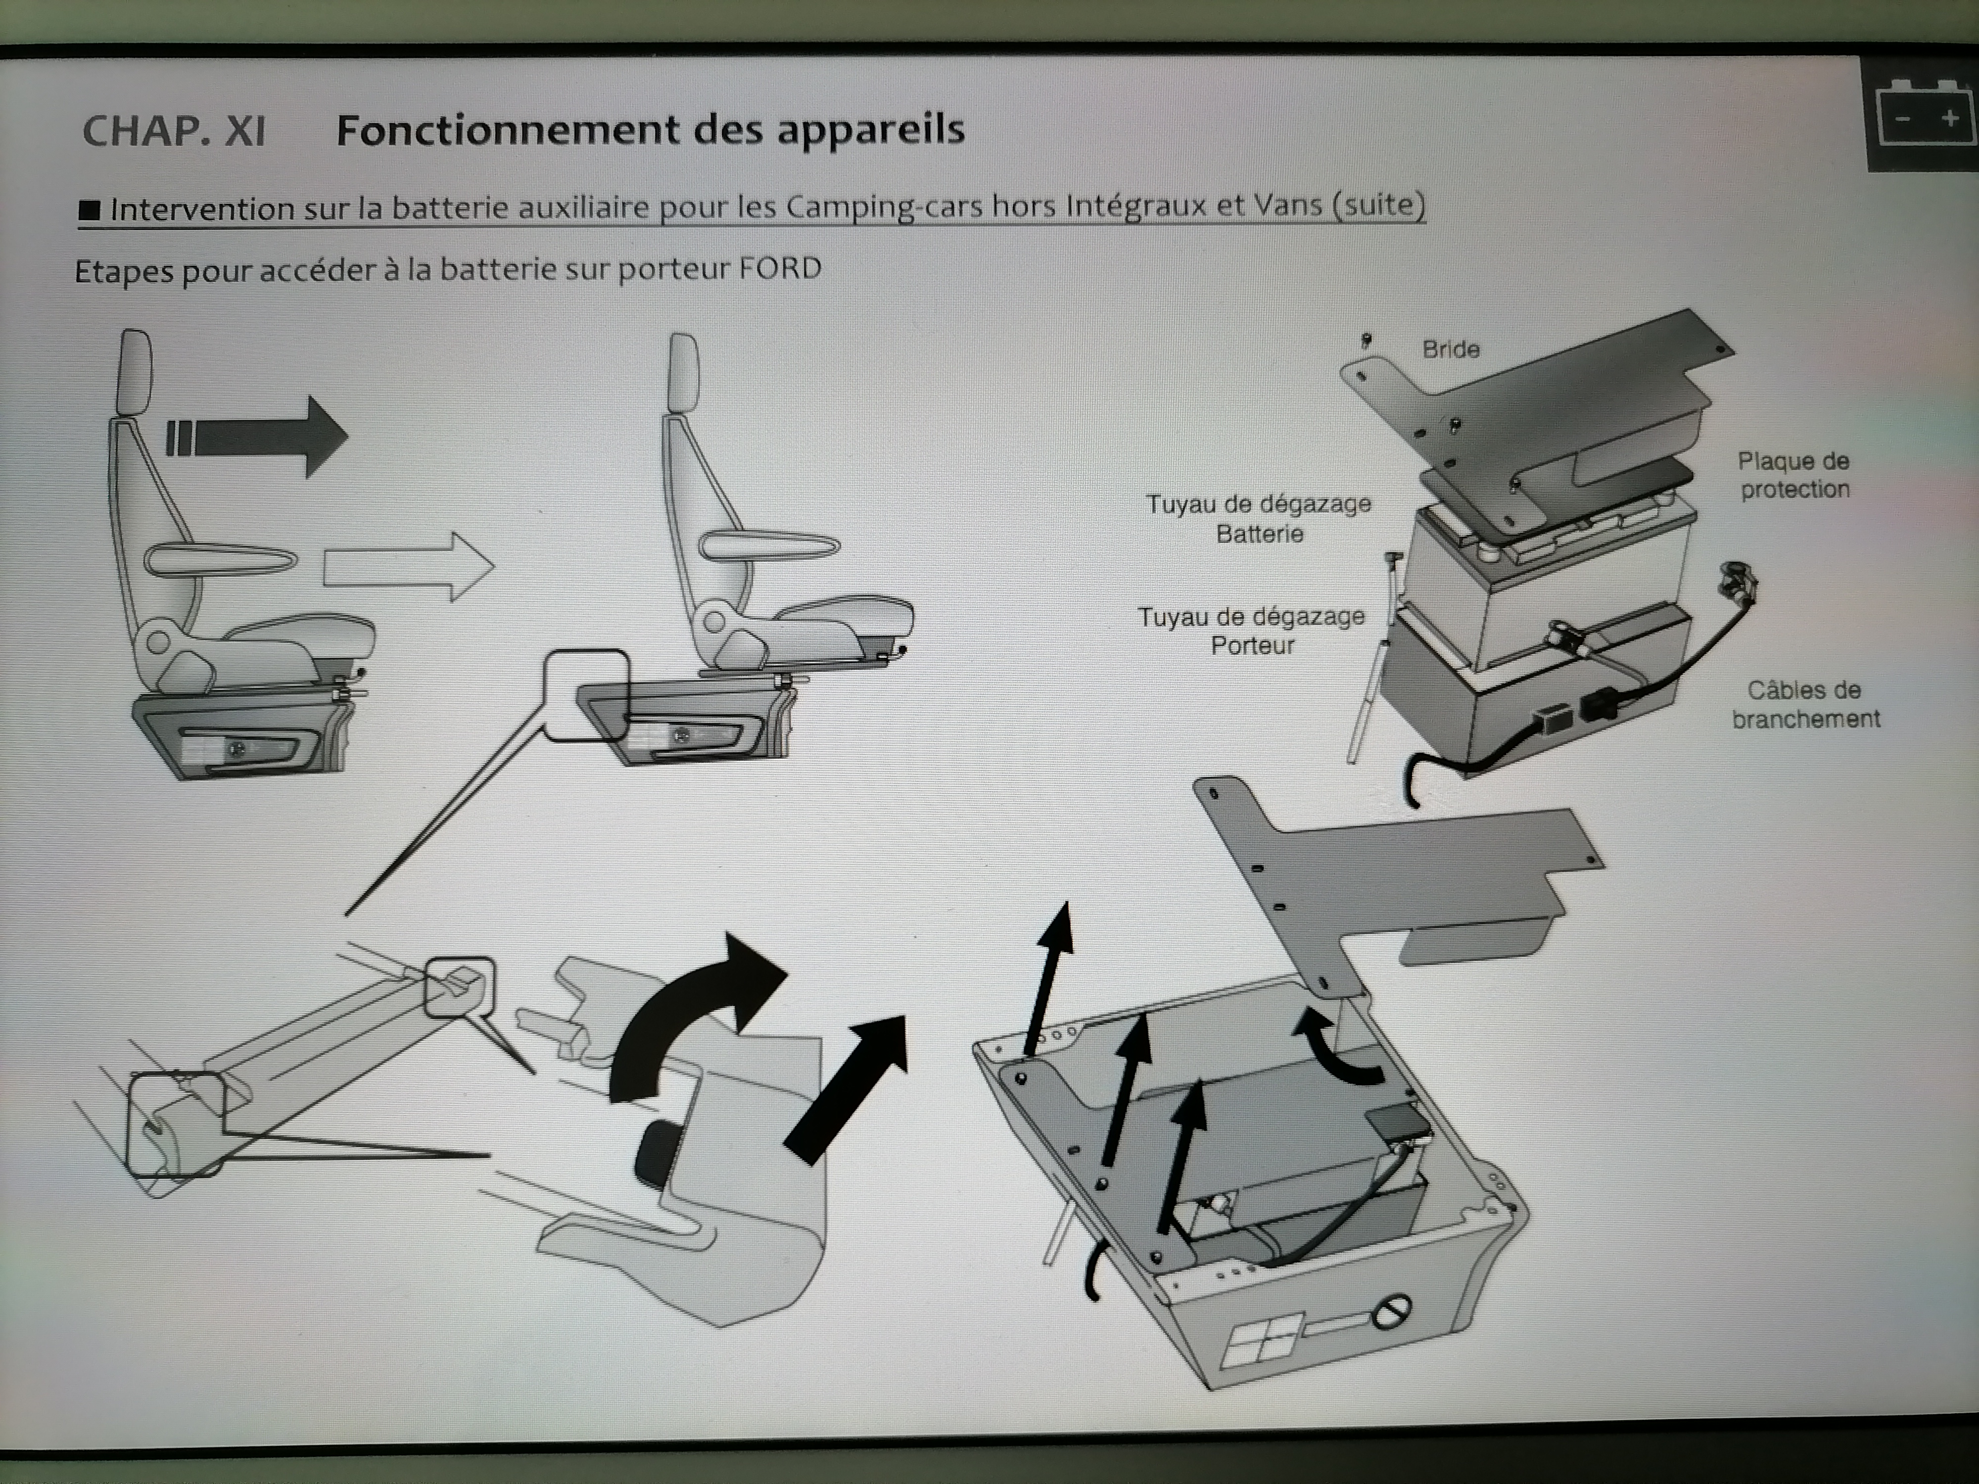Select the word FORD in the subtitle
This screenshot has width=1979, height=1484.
click(x=780, y=268)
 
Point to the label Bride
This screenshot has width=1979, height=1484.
click(x=1450, y=349)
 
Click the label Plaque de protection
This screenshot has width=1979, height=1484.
click(x=1794, y=475)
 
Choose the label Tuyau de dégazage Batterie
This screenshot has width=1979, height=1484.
click(x=1259, y=519)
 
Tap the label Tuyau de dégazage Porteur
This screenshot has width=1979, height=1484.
click(x=1252, y=631)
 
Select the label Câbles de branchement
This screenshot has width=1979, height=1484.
click(x=1805, y=704)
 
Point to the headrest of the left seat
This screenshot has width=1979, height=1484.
click(x=134, y=371)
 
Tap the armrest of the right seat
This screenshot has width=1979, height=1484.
click(x=769, y=545)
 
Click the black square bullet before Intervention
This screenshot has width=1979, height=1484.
click(x=90, y=210)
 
